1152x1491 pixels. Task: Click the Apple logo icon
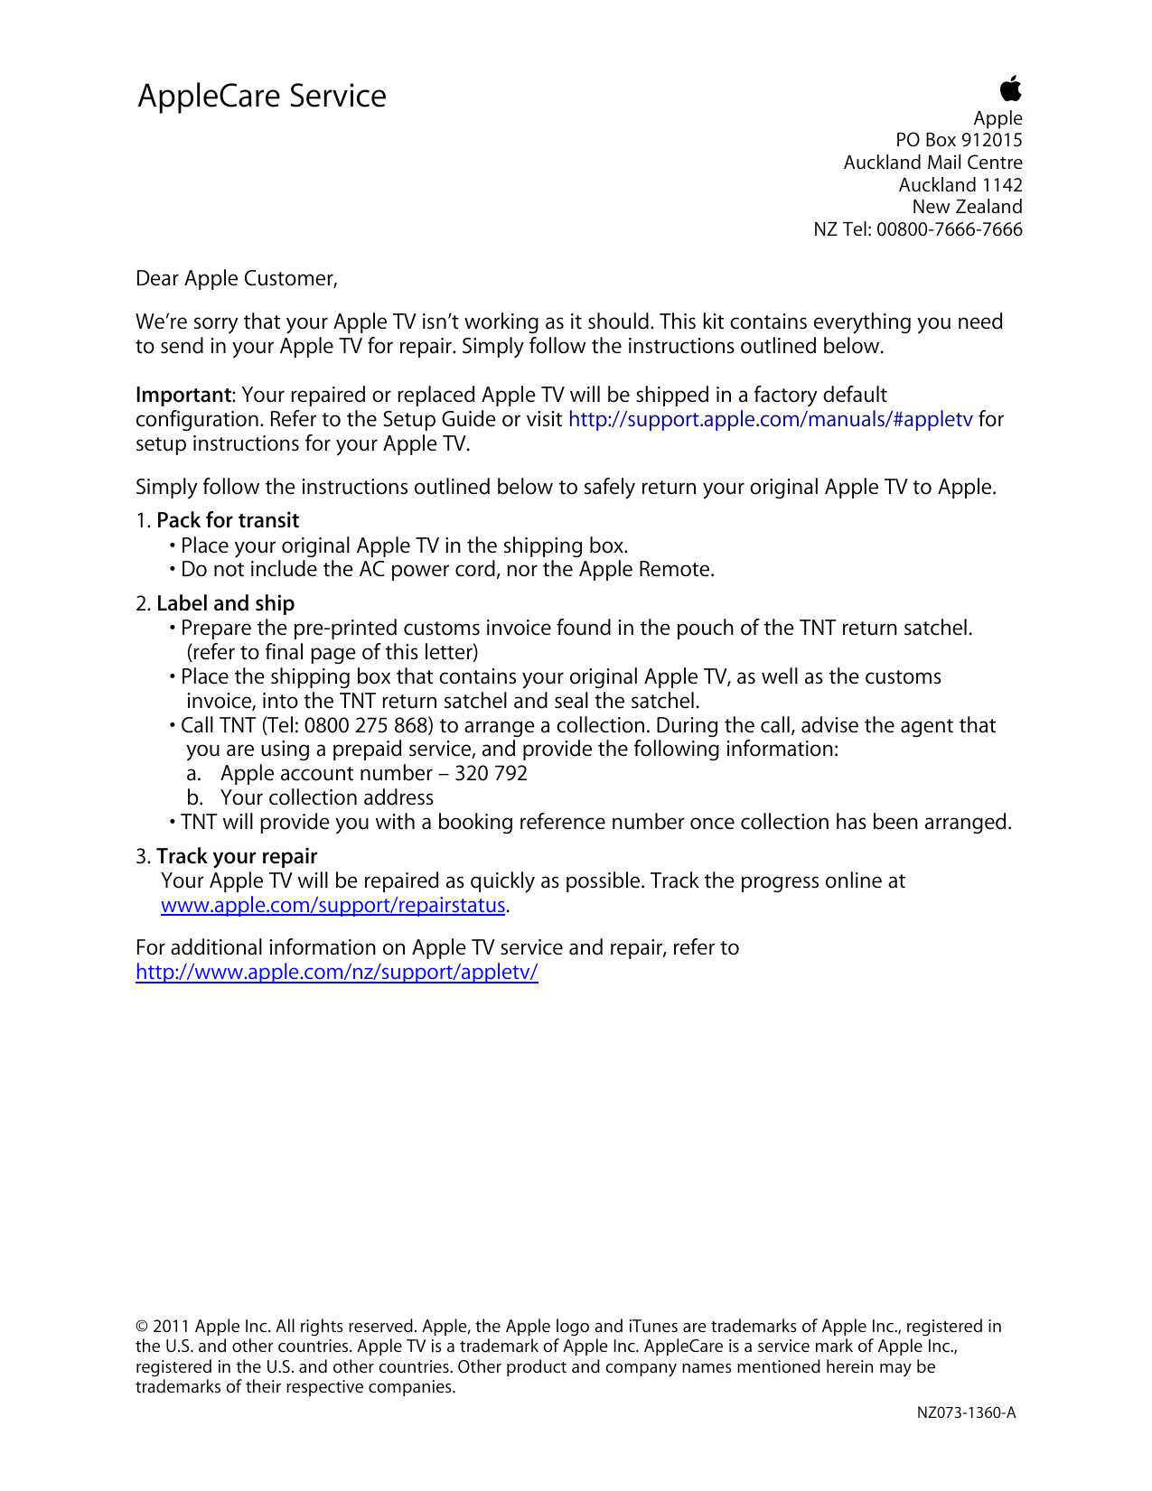click(x=1010, y=89)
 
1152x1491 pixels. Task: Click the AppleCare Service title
click(x=262, y=96)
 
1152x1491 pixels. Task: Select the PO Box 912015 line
click(x=959, y=140)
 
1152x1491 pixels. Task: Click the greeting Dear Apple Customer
click(x=236, y=278)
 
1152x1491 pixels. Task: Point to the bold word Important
click(x=183, y=395)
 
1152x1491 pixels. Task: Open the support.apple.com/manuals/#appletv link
click(x=770, y=419)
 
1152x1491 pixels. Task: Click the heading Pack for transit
click(x=228, y=520)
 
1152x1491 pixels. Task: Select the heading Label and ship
click(x=226, y=603)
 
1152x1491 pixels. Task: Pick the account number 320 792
click(x=492, y=773)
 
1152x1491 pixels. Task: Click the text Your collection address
click(x=327, y=797)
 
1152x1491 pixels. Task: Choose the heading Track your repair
click(x=237, y=856)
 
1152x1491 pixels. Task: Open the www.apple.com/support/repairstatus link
click(x=332, y=905)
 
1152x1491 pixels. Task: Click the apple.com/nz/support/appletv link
click(x=337, y=972)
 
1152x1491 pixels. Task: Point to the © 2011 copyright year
click(x=163, y=1326)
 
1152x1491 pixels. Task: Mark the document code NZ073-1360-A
click(x=966, y=1412)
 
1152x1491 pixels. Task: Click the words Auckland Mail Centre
click(x=932, y=163)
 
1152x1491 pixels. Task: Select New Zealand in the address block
click(x=967, y=207)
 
